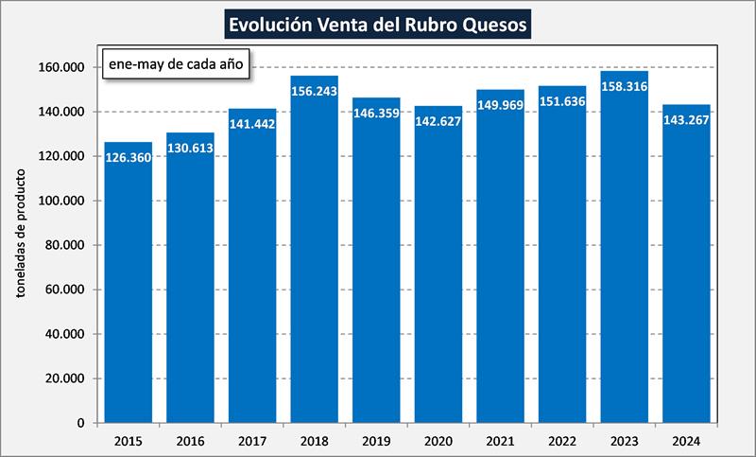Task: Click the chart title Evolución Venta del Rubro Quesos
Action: pyautogui.click(x=377, y=22)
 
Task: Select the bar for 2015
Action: pyautogui.click(x=128, y=284)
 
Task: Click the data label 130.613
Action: pyautogui.click(x=190, y=149)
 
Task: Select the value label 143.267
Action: pyautogui.click(x=686, y=120)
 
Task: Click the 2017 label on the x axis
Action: pyautogui.click(x=251, y=440)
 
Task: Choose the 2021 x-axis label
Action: pyautogui.click(x=500, y=440)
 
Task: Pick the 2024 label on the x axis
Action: pyautogui.click(x=686, y=440)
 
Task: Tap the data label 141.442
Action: pyautogui.click(x=252, y=124)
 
